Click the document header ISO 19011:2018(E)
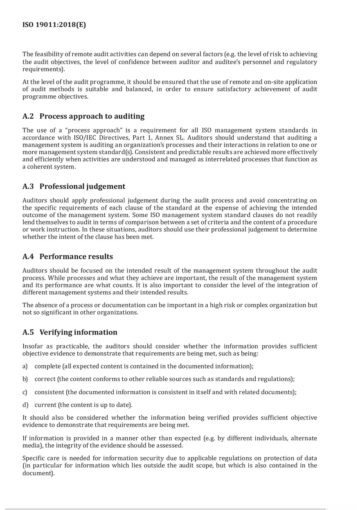coord(54,25)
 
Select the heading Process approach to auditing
coord(92,116)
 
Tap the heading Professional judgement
coord(82,186)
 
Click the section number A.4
coord(28,256)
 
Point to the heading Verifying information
coord(78,332)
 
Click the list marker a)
coord(25,366)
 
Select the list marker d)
coord(25,405)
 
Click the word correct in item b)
coord(45,379)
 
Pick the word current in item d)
coord(45,405)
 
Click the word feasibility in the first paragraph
coord(50,54)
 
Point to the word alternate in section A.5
coord(305,438)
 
